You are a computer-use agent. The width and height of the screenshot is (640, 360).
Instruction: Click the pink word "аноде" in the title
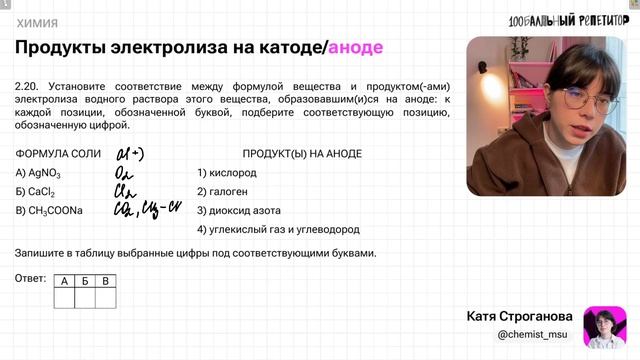355,47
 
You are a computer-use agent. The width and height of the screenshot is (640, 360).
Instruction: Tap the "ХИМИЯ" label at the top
36,22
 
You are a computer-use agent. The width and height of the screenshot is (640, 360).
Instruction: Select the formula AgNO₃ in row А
42,173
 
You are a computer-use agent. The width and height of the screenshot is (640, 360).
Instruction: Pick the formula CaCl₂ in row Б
40,192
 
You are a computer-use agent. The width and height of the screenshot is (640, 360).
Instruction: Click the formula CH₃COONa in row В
54,211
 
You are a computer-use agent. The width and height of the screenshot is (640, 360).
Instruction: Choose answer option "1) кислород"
228,173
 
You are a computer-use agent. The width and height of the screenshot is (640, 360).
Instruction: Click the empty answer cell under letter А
64,296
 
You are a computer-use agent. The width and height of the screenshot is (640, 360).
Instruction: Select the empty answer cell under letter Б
86,296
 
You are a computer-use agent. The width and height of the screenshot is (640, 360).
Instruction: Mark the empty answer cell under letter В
107,296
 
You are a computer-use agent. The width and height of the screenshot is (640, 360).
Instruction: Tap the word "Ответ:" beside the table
32,278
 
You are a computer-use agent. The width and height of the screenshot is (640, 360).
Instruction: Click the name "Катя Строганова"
520,316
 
